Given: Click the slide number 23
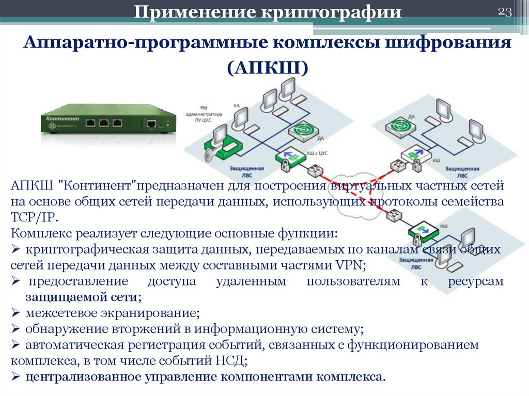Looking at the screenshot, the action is click(x=505, y=13).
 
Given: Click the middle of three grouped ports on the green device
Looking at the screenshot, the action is click(x=104, y=123).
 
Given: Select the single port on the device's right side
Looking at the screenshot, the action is click(x=151, y=124).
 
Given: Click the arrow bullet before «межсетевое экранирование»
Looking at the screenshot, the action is click(x=15, y=313).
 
